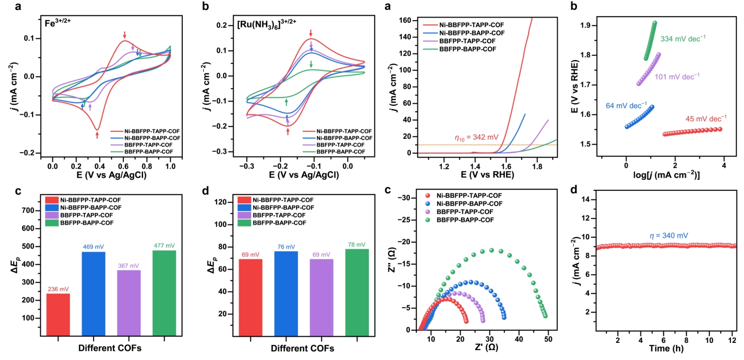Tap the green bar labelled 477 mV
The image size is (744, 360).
pyautogui.click(x=165, y=293)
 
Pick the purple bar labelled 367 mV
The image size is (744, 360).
pyautogui.click(x=129, y=303)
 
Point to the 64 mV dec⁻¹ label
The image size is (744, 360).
pyautogui.click(x=621, y=106)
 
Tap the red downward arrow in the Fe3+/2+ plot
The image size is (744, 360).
pyautogui.click(x=125, y=35)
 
